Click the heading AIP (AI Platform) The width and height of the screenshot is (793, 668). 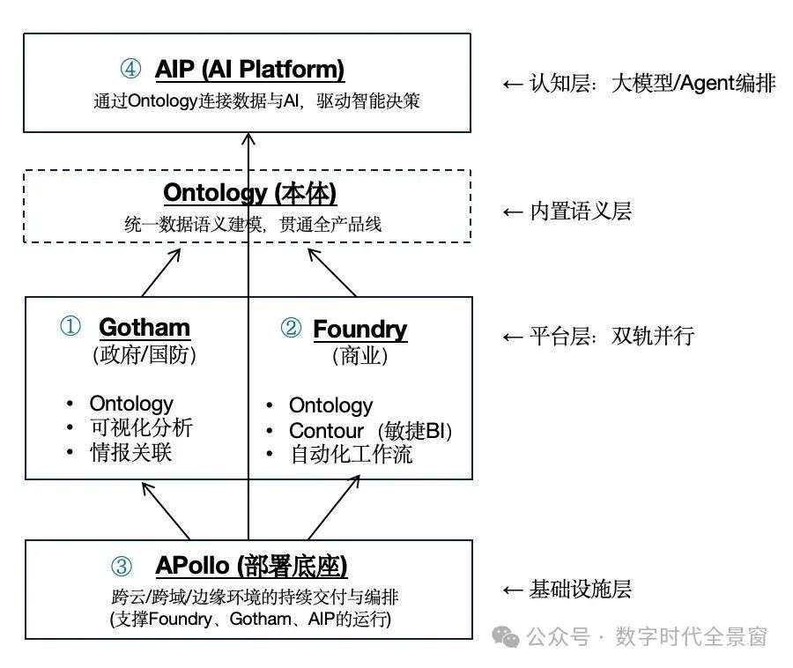249,69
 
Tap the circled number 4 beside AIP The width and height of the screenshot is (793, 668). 130,69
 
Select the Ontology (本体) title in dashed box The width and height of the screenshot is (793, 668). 249,193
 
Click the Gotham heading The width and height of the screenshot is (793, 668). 145,328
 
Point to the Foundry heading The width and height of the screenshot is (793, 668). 359,330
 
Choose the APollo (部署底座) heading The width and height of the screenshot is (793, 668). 251,565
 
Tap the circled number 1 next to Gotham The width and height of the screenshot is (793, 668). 70,328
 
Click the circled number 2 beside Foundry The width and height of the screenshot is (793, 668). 291,330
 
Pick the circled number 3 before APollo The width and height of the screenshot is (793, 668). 122,566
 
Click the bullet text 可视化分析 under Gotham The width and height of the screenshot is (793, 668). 140,428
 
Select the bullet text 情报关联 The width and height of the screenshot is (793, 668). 130,453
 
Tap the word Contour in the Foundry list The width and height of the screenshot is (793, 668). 326,431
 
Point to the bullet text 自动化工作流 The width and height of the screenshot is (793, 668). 351,455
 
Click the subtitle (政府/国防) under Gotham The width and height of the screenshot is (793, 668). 144,355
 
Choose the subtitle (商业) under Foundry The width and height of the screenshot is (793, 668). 359,356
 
